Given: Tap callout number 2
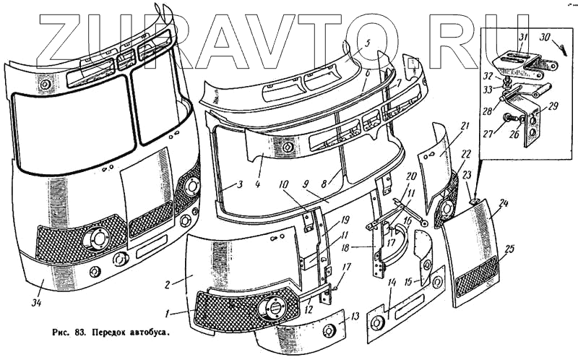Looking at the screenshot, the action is tap(168, 284).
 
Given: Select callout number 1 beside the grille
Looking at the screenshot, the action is tap(168, 313).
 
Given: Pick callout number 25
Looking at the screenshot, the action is tap(510, 249).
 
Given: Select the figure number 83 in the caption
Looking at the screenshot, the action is tap(74, 335).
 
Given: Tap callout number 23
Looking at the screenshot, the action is tap(467, 175).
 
